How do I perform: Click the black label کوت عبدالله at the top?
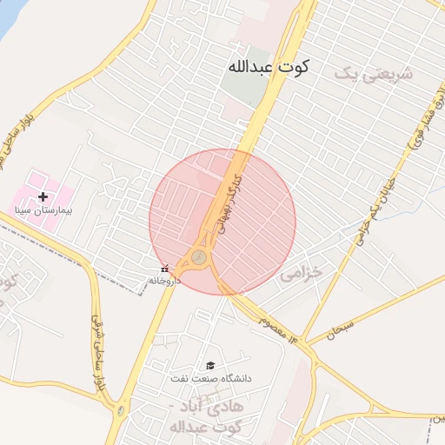pyautogui.click(x=269, y=67)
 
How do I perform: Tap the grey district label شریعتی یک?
pyautogui.click(x=369, y=74)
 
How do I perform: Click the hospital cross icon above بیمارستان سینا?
pyautogui.click(x=43, y=197)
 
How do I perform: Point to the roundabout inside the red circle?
pyautogui.click(x=199, y=257)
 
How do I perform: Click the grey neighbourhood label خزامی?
pyautogui.click(x=300, y=274)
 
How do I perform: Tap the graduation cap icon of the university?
pyautogui.click(x=209, y=366)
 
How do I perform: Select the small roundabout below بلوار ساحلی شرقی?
pyautogui.click(x=121, y=409)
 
